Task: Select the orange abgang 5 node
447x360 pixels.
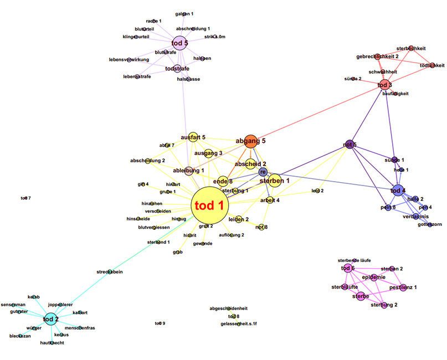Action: tap(250, 141)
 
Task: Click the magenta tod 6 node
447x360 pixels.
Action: tap(348, 269)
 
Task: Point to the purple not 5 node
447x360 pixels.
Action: tap(349, 145)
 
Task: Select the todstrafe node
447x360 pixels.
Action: tap(177, 69)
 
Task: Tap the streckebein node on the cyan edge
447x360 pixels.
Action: tap(110, 271)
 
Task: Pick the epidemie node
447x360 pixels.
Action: tap(374, 277)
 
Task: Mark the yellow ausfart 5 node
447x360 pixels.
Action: tap(193, 137)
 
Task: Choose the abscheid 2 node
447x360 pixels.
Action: tap(250, 164)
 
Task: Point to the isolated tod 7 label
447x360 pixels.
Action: tap(25, 198)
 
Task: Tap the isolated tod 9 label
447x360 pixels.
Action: tap(160, 323)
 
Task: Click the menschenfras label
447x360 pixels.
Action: tap(79, 328)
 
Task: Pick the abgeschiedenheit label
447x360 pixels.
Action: tap(237, 308)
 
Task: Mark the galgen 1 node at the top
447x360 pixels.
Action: tap(184, 14)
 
